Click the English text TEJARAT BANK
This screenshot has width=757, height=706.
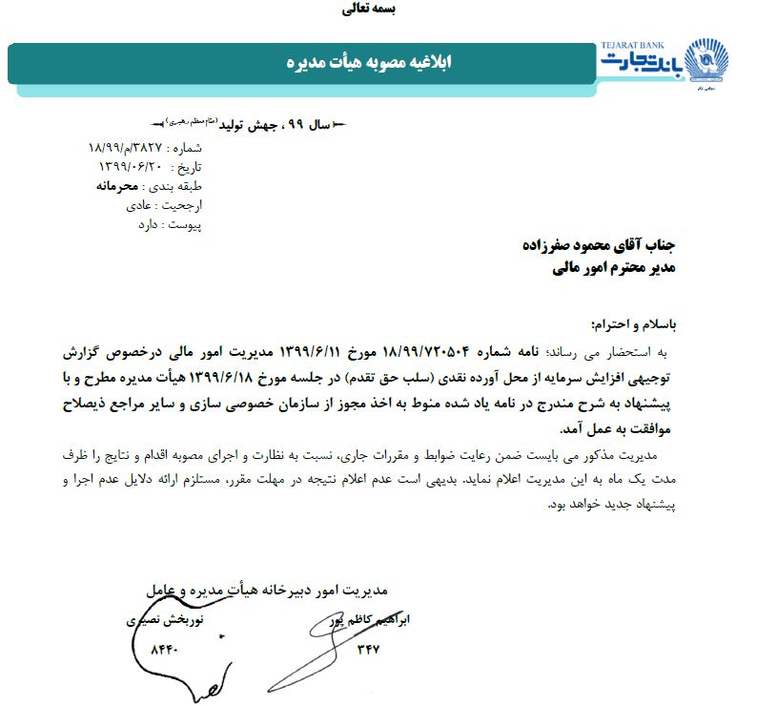point(634,45)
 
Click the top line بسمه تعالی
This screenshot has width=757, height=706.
point(367,10)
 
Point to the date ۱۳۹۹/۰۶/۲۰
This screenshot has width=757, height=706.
point(131,167)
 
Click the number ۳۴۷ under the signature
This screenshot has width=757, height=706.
point(368,651)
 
